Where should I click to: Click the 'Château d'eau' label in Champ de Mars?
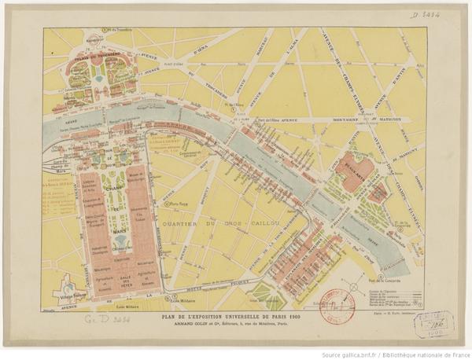tap(121, 246)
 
